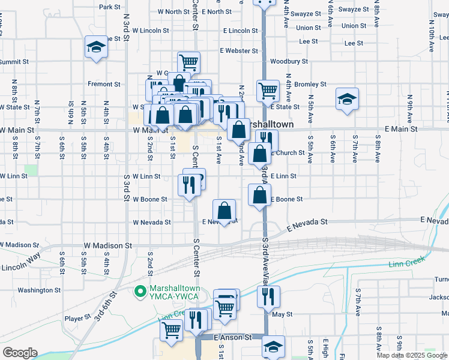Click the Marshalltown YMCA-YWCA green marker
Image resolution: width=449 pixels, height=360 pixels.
pyautogui.click(x=140, y=292)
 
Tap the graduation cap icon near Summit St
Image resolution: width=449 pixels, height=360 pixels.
pyautogui.click(x=95, y=47)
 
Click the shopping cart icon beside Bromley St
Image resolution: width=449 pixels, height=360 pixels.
pyautogui.click(x=268, y=91)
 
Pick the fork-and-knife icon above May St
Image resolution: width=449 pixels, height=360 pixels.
pyautogui.click(x=268, y=296)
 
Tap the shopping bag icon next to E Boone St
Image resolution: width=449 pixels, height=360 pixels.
pyautogui.click(x=259, y=195)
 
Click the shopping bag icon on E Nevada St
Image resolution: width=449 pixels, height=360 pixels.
pyautogui.click(x=224, y=211)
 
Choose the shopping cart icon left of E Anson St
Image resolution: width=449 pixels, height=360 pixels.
pyautogui.click(x=172, y=330)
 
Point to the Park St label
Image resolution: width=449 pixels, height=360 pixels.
pyautogui.click(x=110, y=7)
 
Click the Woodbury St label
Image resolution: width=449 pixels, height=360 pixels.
pyautogui.click(x=289, y=61)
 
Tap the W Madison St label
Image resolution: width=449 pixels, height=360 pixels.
pyautogui.click(x=107, y=245)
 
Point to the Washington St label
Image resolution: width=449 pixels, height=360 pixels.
pyautogui.click(x=35, y=290)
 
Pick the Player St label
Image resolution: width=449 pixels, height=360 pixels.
pyautogui.click(x=77, y=318)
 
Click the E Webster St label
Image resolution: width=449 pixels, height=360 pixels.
pyautogui.click(x=238, y=51)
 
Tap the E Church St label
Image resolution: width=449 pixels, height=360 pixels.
pyautogui.click(x=288, y=153)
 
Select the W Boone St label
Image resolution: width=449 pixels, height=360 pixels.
pyautogui.click(x=149, y=199)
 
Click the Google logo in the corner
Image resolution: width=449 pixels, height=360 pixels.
pyautogui.click(x=20, y=353)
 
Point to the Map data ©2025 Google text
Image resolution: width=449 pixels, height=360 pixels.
pyautogui.click(x=411, y=355)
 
